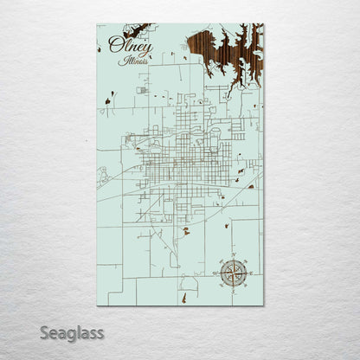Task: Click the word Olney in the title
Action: click(x=125, y=46)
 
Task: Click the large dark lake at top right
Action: click(x=224, y=43)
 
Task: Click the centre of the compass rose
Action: click(x=232, y=274)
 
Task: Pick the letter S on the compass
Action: click(x=232, y=292)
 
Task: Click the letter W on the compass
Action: click(x=215, y=274)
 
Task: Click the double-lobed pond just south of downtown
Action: click(x=186, y=232)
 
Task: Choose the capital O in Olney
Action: click(x=115, y=46)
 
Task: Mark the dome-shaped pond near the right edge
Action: click(x=251, y=186)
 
